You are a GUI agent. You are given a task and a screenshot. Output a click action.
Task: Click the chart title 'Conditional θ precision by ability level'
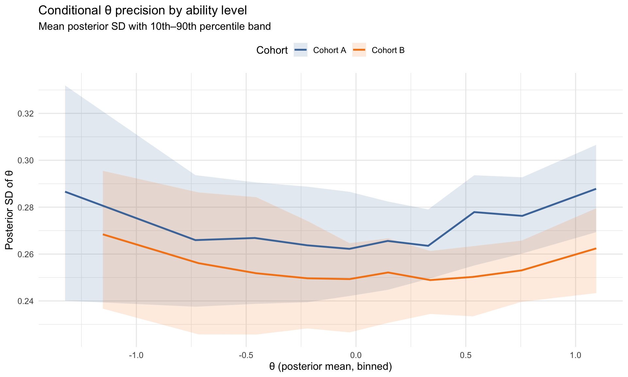tap(142, 11)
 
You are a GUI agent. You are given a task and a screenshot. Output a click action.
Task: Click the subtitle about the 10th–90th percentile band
tap(154, 26)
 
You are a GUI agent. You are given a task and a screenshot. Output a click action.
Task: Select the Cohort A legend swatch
tap(300, 50)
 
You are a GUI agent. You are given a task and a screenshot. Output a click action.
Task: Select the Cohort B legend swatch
tap(359, 50)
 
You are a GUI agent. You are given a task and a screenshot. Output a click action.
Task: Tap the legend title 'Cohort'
tap(272, 50)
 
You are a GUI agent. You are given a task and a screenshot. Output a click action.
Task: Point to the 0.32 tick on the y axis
tap(25, 114)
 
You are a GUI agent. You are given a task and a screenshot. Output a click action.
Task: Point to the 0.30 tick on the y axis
tap(25, 161)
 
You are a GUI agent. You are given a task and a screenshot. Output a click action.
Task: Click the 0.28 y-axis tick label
tap(25, 207)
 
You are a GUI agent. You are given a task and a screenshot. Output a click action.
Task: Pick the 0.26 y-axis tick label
tap(25, 254)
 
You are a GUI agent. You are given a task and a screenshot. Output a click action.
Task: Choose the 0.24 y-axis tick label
tap(25, 301)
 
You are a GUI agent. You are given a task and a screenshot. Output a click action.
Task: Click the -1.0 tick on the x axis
tap(136, 355)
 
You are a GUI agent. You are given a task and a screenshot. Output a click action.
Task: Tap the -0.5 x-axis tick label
tap(246, 355)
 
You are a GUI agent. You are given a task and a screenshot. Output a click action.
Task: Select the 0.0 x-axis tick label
tap(356, 355)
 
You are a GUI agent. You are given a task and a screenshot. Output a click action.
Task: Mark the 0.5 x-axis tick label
tap(465, 355)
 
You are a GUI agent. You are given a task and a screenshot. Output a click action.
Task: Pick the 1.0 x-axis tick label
tap(575, 355)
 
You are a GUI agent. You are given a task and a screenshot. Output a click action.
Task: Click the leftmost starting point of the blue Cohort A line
tap(65, 192)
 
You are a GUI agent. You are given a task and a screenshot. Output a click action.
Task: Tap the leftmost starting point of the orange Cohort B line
tap(103, 234)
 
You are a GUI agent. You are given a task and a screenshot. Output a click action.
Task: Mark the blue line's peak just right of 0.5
tap(474, 212)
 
